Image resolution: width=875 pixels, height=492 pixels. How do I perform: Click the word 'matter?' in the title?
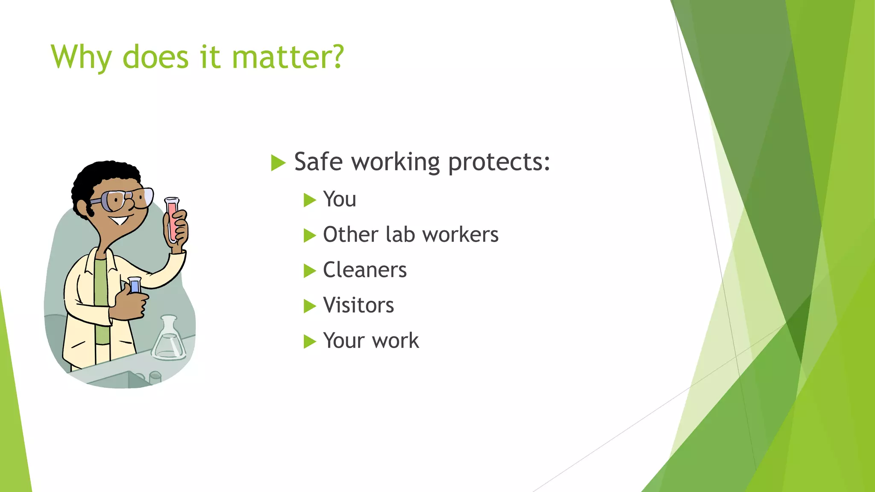click(x=288, y=57)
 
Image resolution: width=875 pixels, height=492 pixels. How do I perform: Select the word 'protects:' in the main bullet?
click(x=499, y=162)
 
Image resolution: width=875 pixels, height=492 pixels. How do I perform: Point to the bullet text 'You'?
click(x=339, y=199)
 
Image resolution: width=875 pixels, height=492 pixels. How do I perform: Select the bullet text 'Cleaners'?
click(x=364, y=270)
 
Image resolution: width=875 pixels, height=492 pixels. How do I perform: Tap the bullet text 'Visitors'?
click(x=358, y=305)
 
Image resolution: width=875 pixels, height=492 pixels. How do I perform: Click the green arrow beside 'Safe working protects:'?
click(x=278, y=163)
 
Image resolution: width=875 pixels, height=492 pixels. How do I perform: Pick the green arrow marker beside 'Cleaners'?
click(x=309, y=271)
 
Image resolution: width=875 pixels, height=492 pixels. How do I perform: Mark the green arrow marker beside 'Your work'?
click(x=309, y=342)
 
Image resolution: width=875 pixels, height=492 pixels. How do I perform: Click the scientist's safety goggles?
click(x=124, y=199)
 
